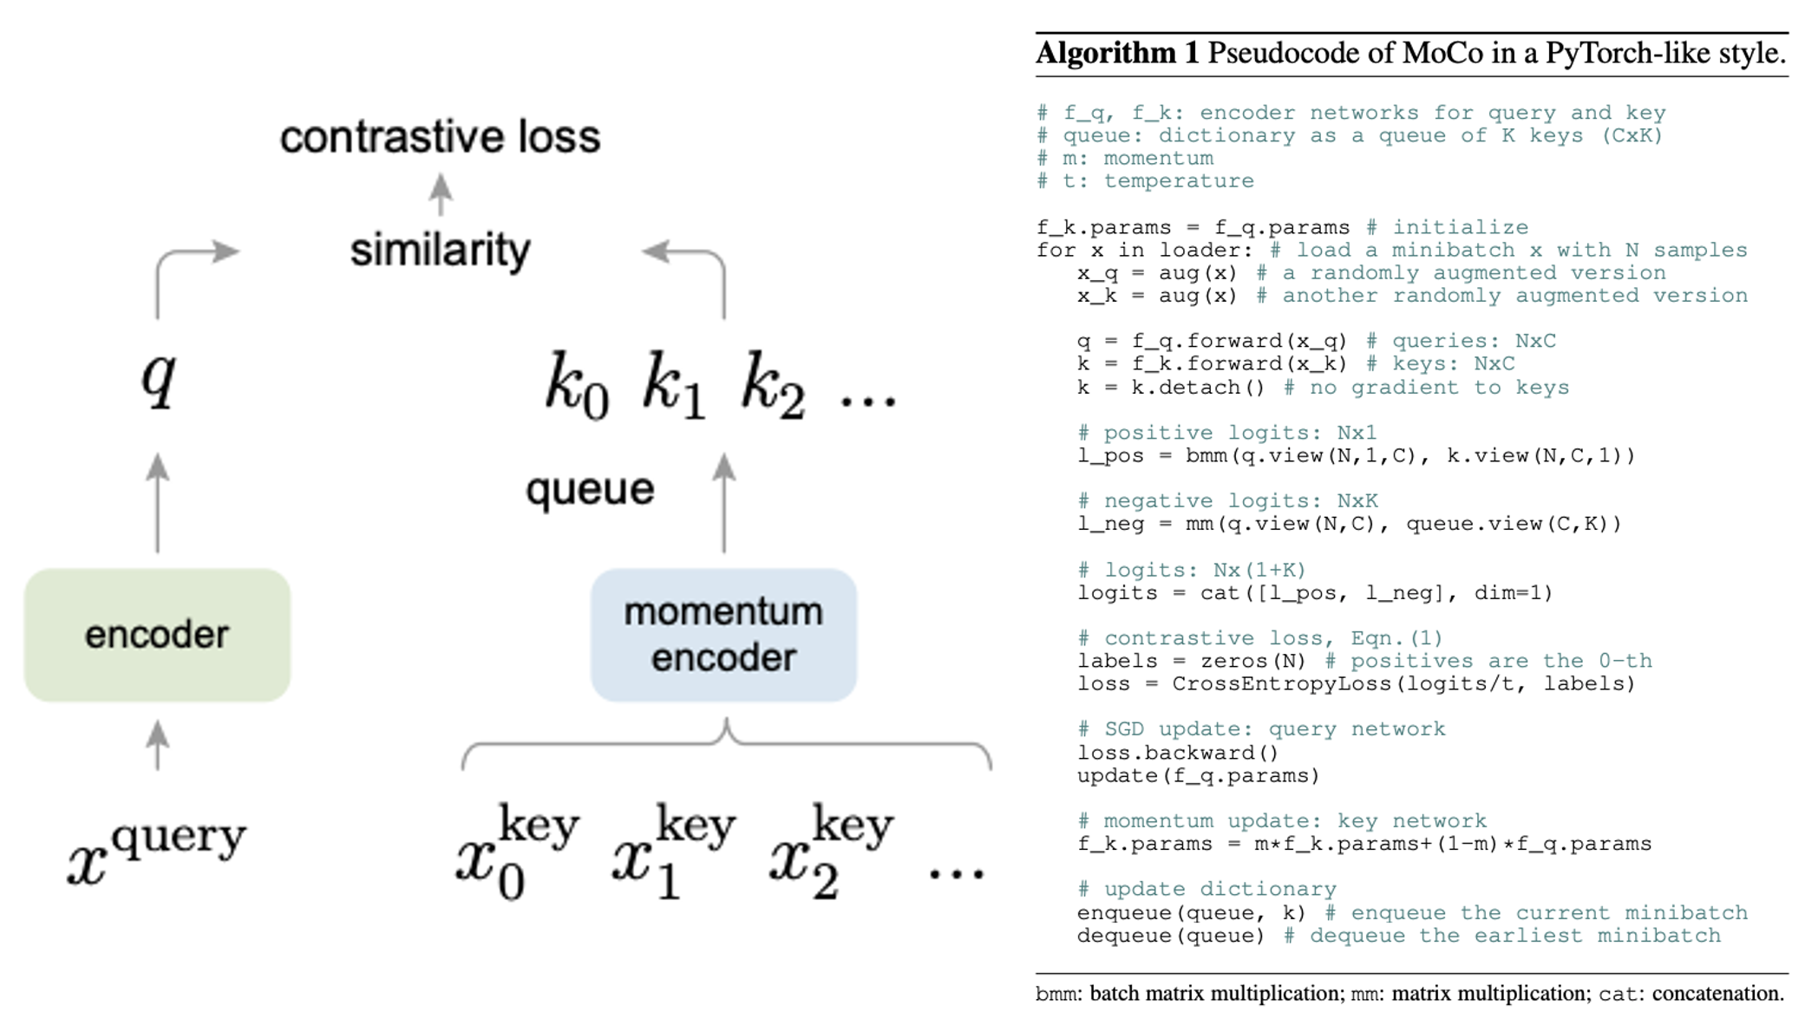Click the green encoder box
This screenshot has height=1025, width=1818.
pos(157,635)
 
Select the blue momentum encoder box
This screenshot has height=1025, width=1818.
pos(723,635)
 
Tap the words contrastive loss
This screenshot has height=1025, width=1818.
pos(440,137)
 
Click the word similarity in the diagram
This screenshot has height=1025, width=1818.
pos(440,251)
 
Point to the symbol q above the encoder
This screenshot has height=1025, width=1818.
pos(159,377)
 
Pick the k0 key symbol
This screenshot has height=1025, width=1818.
pos(577,385)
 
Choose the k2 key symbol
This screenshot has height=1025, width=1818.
pos(773,385)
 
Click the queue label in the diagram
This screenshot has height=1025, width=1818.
pos(590,489)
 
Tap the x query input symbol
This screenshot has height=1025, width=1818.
pos(157,850)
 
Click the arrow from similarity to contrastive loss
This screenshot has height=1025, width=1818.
pos(441,194)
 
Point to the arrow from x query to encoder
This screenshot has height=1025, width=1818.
pos(157,745)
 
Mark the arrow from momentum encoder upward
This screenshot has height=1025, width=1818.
pos(724,503)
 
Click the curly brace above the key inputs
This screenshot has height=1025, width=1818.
pos(727,742)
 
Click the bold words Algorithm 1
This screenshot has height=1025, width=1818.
pos(1117,54)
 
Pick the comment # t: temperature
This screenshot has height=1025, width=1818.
pos(1145,181)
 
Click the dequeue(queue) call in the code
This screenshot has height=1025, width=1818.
pos(1170,936)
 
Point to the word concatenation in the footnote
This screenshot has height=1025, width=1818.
pos(1717,994)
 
